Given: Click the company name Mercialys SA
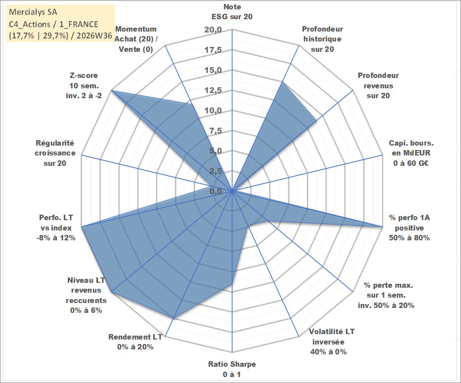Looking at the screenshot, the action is [33, 12].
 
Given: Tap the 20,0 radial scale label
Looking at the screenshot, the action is [213, 30].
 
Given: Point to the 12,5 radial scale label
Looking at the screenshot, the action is [213, 90].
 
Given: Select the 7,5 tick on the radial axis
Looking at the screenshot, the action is [215, 131].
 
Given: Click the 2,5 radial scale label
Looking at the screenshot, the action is [215, 171].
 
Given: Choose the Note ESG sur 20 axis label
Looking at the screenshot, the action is [232, 11].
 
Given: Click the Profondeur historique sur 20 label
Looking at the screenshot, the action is [323, 39].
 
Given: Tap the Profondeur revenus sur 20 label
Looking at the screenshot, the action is [378, 85].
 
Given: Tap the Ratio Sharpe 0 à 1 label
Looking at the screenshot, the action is [232, 369].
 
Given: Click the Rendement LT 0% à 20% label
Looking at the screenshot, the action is [135, 342].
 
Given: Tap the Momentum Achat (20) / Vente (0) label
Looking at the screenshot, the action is [136, 39].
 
